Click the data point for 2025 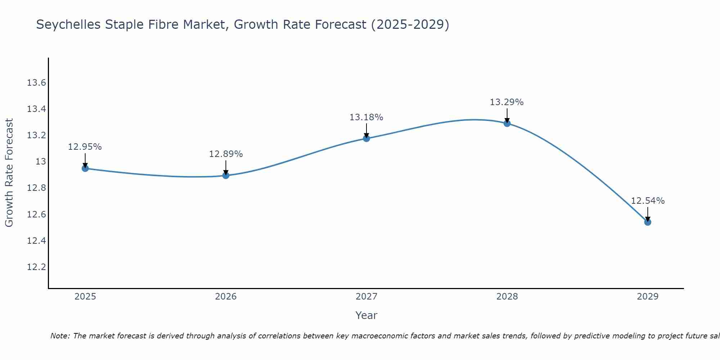point(85,168)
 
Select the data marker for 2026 point(226,175)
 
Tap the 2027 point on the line point(366,138)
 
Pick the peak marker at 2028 point(507,123)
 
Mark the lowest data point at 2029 point(648,222)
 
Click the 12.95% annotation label point(85,147)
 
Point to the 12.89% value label point(226,154)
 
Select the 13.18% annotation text point(366,117)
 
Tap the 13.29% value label point(507,102)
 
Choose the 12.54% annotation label point(648,201)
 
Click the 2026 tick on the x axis point(226,297)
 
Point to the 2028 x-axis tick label point(507,297)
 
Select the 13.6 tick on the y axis point(37,83)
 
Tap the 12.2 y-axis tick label point(37,267)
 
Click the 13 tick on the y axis point(41,162)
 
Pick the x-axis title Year point(366,315)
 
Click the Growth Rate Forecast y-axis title point(9,172)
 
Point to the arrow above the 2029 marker point(648,213)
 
